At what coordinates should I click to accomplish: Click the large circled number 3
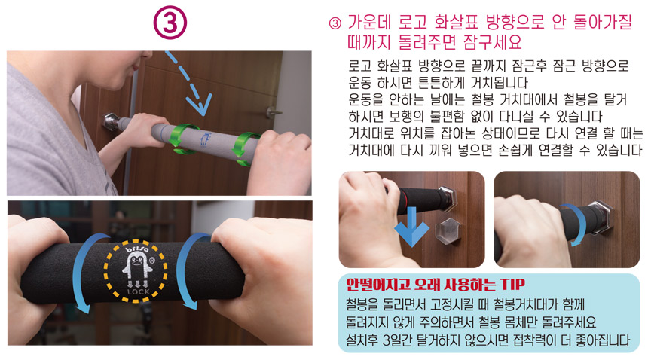(x=170, y=23)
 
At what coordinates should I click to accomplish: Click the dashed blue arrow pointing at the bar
(x=188, y=83)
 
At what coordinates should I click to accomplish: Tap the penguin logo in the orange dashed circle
(x=136, y=267)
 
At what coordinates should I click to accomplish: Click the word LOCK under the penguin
(x=139, y=291)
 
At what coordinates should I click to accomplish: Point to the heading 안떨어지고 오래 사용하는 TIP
(x=436, y=285)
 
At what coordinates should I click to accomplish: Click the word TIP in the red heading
(x=512, y=285)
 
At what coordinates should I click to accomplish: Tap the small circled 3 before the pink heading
(x=335, y=23)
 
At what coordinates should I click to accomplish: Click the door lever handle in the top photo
(x=273, y=112)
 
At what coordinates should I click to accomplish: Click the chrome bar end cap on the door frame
(x=111, y=122)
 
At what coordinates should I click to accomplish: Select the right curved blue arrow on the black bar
(x=188, y=270)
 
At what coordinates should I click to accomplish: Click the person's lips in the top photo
(x=136, y=66)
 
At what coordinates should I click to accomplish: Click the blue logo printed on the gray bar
(x=205, y=139)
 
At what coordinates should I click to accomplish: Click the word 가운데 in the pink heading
(x=369, y=23)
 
